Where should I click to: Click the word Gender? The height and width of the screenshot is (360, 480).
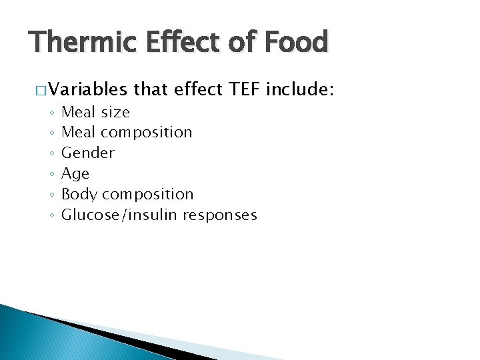click(x=88, y=153)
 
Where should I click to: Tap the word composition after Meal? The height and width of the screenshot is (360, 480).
click(x=146, y=133)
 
